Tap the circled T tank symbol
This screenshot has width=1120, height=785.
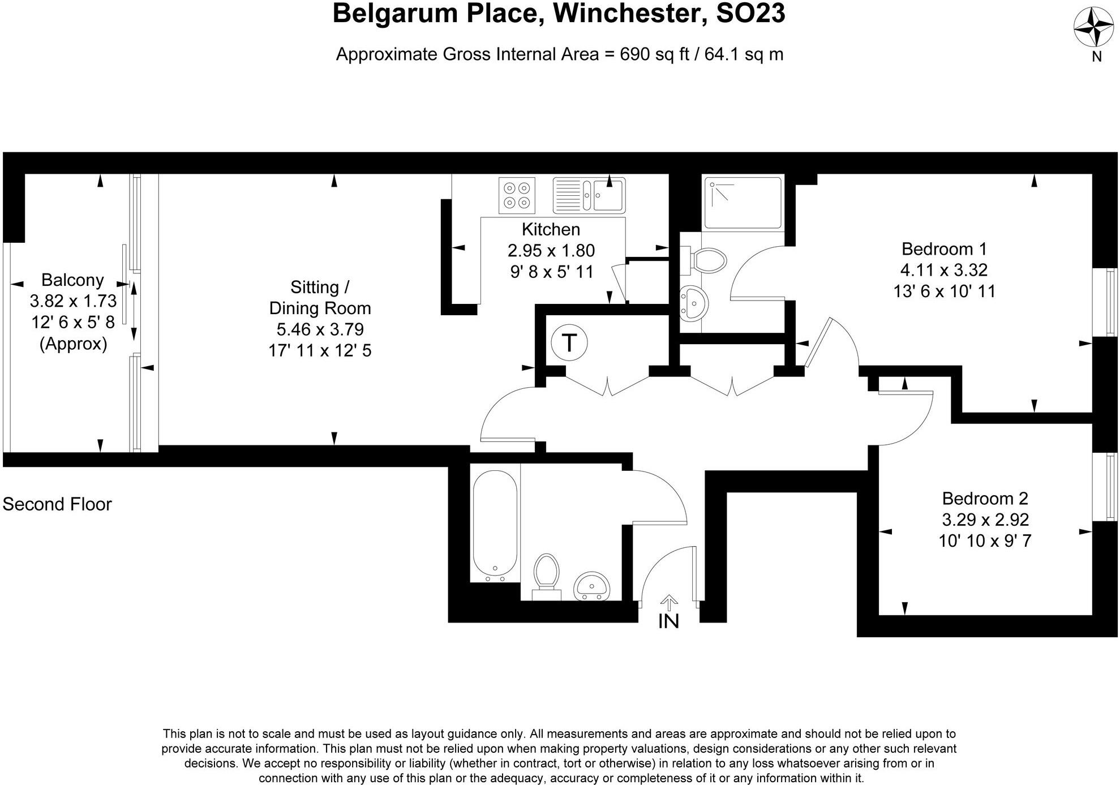click(569, 342)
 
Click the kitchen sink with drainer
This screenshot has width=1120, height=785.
click(589, 195)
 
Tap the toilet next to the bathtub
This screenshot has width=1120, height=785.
click(546, 573)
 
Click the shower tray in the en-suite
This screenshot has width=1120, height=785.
click(742, 202)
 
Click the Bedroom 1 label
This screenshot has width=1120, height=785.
click(944, 248)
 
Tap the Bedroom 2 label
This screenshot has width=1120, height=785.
click(985, 498)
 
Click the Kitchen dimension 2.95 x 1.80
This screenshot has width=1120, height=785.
click(551, 250)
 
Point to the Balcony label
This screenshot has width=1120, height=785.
click(72, 280)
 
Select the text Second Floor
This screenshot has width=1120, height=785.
click(57, 504)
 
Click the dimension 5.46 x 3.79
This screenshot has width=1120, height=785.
click(320, 329)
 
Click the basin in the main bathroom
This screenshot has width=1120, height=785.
click(591, 586)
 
